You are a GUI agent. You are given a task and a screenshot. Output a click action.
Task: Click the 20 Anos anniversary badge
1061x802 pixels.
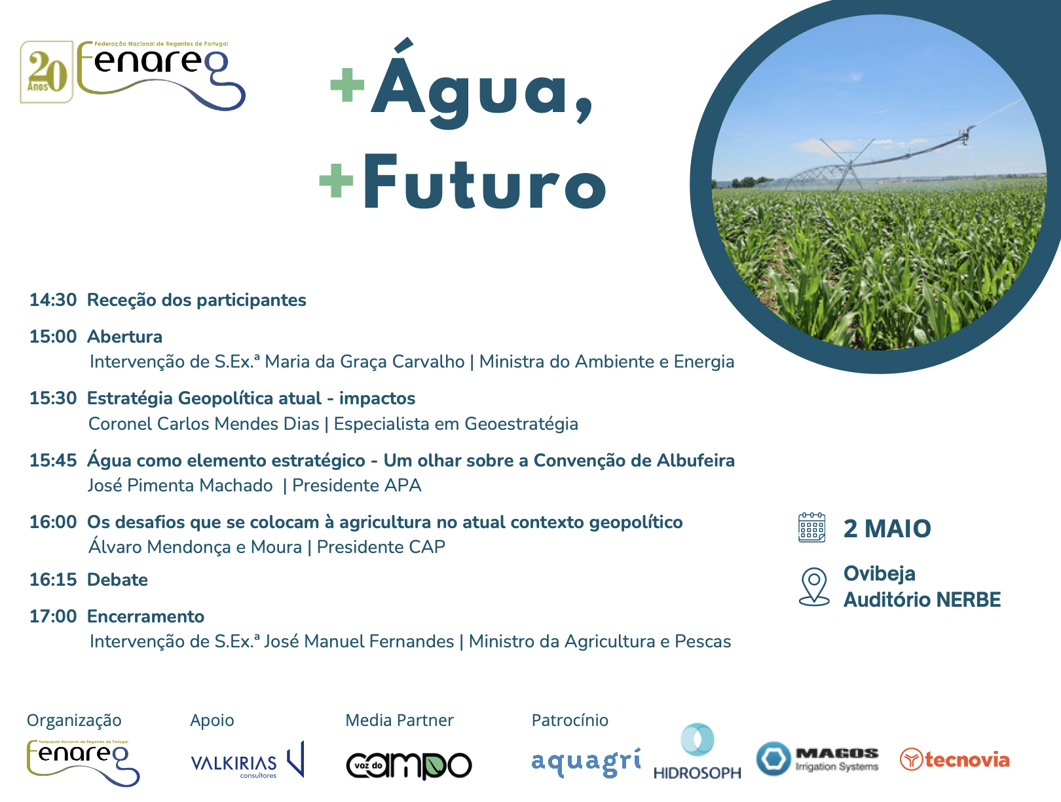tap(47, 72)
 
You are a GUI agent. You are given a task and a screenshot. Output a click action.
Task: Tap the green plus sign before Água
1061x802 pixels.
tap(347, 85)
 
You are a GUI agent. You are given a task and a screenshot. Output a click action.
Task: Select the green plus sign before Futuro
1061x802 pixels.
tap(337, 180)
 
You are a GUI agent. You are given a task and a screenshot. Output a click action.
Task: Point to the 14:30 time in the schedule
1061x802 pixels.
tap(53, 300)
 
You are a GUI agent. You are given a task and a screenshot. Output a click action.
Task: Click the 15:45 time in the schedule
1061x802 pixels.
tap(53, 461)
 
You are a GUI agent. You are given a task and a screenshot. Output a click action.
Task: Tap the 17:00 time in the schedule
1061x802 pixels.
tap(53, 617)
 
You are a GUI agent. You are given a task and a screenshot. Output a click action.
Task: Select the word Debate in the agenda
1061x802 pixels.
tap(117, 580)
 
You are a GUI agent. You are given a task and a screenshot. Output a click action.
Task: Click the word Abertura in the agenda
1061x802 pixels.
tap(124, 337)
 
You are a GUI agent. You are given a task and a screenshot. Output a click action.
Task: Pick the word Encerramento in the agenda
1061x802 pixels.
tap(145, 617)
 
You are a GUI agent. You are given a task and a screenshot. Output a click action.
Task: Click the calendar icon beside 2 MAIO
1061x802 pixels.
tap(811, 527)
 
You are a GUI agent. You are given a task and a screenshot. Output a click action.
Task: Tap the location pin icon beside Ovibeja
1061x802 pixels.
tap(814, 587)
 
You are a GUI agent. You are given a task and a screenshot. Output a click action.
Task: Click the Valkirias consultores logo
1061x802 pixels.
tap(248, 761)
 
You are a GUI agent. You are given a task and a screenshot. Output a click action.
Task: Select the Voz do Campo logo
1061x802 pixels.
tap(409, 765)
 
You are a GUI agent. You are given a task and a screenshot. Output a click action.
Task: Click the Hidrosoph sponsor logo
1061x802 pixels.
tap(697, 752)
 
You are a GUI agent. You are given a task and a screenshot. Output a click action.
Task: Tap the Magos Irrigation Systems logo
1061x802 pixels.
tap(817, 759)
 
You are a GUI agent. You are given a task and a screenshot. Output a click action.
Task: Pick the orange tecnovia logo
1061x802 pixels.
tap(955, 759)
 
